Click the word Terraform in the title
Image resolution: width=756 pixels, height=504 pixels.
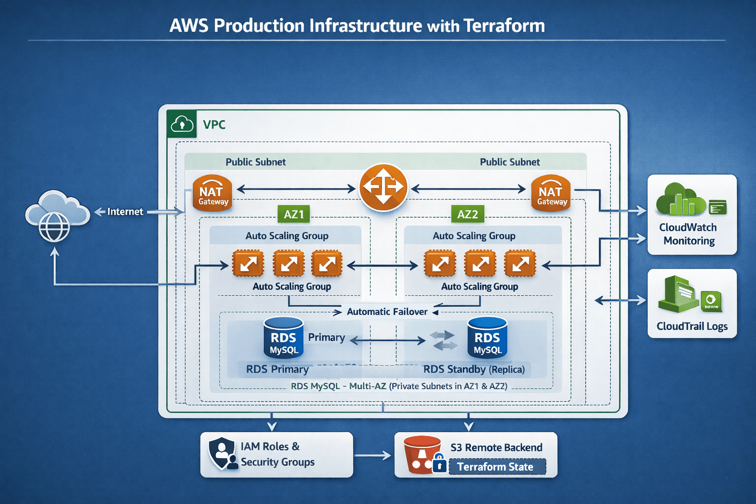point(504,26)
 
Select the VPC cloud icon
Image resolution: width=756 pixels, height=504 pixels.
point(182,124)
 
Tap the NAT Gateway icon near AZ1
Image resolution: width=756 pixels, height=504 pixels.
point(212,193)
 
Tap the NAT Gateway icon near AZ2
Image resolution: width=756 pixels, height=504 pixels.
point(551,193)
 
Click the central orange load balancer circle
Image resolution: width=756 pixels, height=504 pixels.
point(383,188)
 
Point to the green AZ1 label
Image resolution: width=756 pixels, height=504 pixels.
point(294,214)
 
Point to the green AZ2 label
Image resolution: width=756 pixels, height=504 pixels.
point(467,214)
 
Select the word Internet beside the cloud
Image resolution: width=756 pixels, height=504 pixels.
point(125,212)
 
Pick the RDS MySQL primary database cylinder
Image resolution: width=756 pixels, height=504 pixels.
point(283,338)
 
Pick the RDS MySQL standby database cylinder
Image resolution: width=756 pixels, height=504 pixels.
point(487,338)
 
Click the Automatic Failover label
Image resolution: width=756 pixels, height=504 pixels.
point(387,312)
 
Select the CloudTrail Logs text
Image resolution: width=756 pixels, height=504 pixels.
point(692,326)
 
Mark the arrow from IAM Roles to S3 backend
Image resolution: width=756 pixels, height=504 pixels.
point(373,456)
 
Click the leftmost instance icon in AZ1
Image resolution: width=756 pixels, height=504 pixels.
point(248,264)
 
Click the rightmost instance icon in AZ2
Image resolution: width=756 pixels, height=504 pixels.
point(520,264)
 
